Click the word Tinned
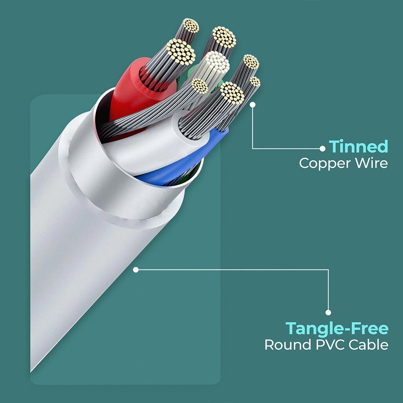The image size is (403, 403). point(358,147)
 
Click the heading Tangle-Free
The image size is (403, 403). point(337,329)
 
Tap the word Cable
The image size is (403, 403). point(368,345)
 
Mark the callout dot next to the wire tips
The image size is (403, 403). point(253,105)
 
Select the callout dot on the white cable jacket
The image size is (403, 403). point(136,269)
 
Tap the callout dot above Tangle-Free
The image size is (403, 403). point(328,313)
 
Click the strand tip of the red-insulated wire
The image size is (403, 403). point(181,51)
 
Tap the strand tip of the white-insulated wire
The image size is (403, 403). point(232,93)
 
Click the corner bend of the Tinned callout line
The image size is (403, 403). point(253,149)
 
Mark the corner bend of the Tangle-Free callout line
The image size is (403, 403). point(328,269)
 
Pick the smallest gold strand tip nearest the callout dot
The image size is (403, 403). point(255,82)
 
